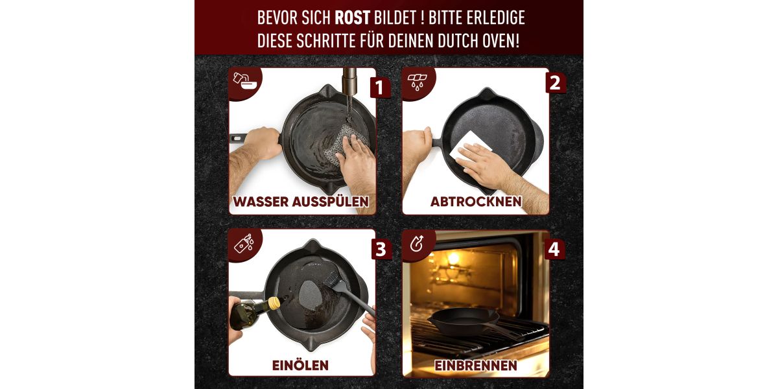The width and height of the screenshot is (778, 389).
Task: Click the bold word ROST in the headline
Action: pyautogui.click(x=352, y=18)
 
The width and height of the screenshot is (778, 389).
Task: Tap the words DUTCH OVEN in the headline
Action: pyautogui.click(x=478, y=41)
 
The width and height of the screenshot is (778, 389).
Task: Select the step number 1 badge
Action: pyautogui.click(x=380, y=88)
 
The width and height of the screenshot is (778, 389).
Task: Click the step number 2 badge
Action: pyautogui.click(x=555, y=83)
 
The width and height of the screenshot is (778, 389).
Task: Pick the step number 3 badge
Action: pyautogui.click(x=381, y=249)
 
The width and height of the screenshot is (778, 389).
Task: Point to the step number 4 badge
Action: pyautogui.click(x=554, y=249)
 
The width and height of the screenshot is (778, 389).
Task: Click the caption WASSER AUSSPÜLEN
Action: pyautogui.click(x=301, y=202)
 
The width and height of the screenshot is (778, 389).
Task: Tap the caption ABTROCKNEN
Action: pyautogui.click(x=476, y=202)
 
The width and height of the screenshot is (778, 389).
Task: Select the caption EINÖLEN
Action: pyautogui.click(x=300, y=365)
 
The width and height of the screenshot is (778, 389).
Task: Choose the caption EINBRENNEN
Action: pyautogui.click(x=475, y=366)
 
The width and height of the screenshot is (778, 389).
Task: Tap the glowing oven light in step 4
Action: pyautogui.click(x=453, y=258)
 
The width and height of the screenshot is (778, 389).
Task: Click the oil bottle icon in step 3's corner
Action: pyautogui.click(x=244, y=243)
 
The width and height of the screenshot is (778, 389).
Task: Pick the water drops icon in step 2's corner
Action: pyautogui.click(x=417, y=82)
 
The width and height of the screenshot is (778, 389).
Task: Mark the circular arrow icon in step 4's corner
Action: pyautogui.click(x=416, y=244)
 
